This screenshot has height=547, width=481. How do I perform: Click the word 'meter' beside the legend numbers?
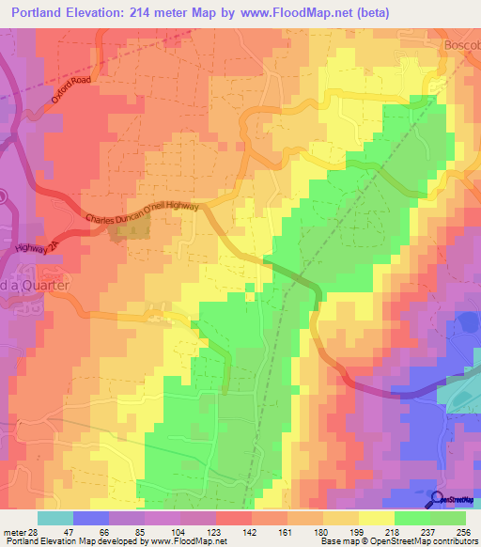pos(12,531)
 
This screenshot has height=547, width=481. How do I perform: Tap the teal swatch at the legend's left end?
pos(54,518)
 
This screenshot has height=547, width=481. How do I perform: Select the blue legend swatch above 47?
pos(90,518)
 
